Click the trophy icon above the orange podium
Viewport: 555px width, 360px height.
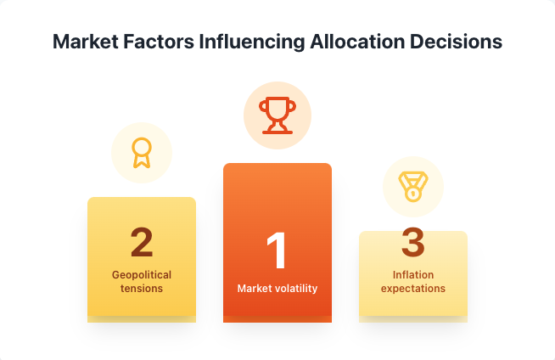[277, 115]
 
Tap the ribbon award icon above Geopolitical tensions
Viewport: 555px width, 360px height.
[142, 153]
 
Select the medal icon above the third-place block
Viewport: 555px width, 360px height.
[413, 186]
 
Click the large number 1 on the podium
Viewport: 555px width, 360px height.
[277, 252]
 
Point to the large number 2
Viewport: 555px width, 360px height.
[142, 241]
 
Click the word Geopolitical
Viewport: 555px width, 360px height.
[142, 275]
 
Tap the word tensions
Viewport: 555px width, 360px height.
[142, 289]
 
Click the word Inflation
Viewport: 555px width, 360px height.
[413, 275]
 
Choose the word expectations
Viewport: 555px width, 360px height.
[413, 289]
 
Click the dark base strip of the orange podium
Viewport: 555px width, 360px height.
[277, 319]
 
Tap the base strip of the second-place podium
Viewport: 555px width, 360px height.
[142, 319]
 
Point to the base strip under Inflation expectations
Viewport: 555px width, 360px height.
[413, 319]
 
